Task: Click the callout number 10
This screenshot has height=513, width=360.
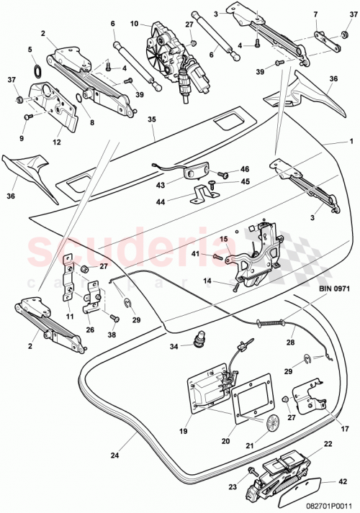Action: pos(135,24)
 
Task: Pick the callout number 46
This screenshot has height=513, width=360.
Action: pos(244,170)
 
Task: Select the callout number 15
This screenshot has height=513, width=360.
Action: pos(223,240)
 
